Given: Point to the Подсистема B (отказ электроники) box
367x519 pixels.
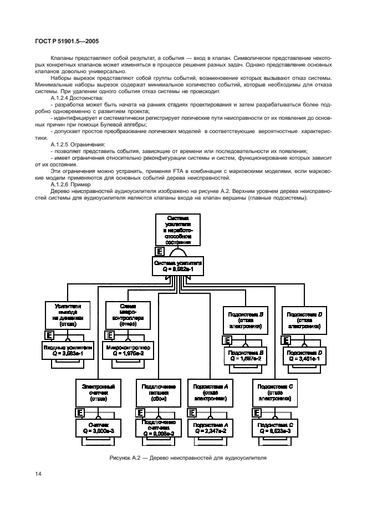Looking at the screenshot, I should point(246,320).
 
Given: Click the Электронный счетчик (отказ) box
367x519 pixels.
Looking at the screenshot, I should point(98,392).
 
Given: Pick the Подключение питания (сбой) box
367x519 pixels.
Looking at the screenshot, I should point(159,392).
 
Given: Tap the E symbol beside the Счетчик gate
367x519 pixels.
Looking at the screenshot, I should point(80,413).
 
